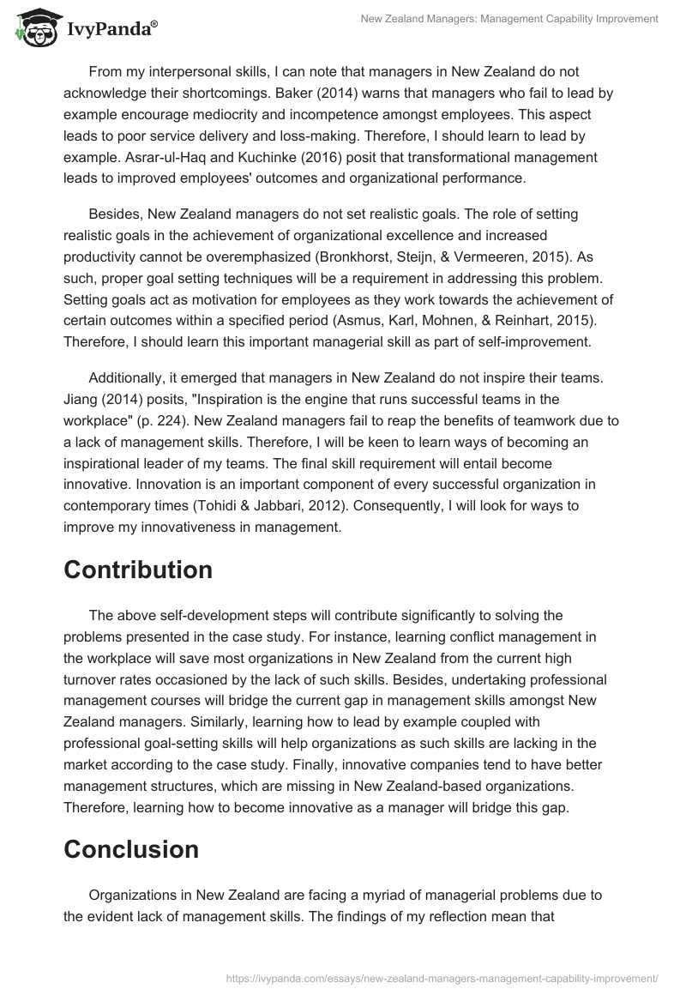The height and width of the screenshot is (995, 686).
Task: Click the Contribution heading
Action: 138,570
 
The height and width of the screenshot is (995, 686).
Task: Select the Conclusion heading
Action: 131,849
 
